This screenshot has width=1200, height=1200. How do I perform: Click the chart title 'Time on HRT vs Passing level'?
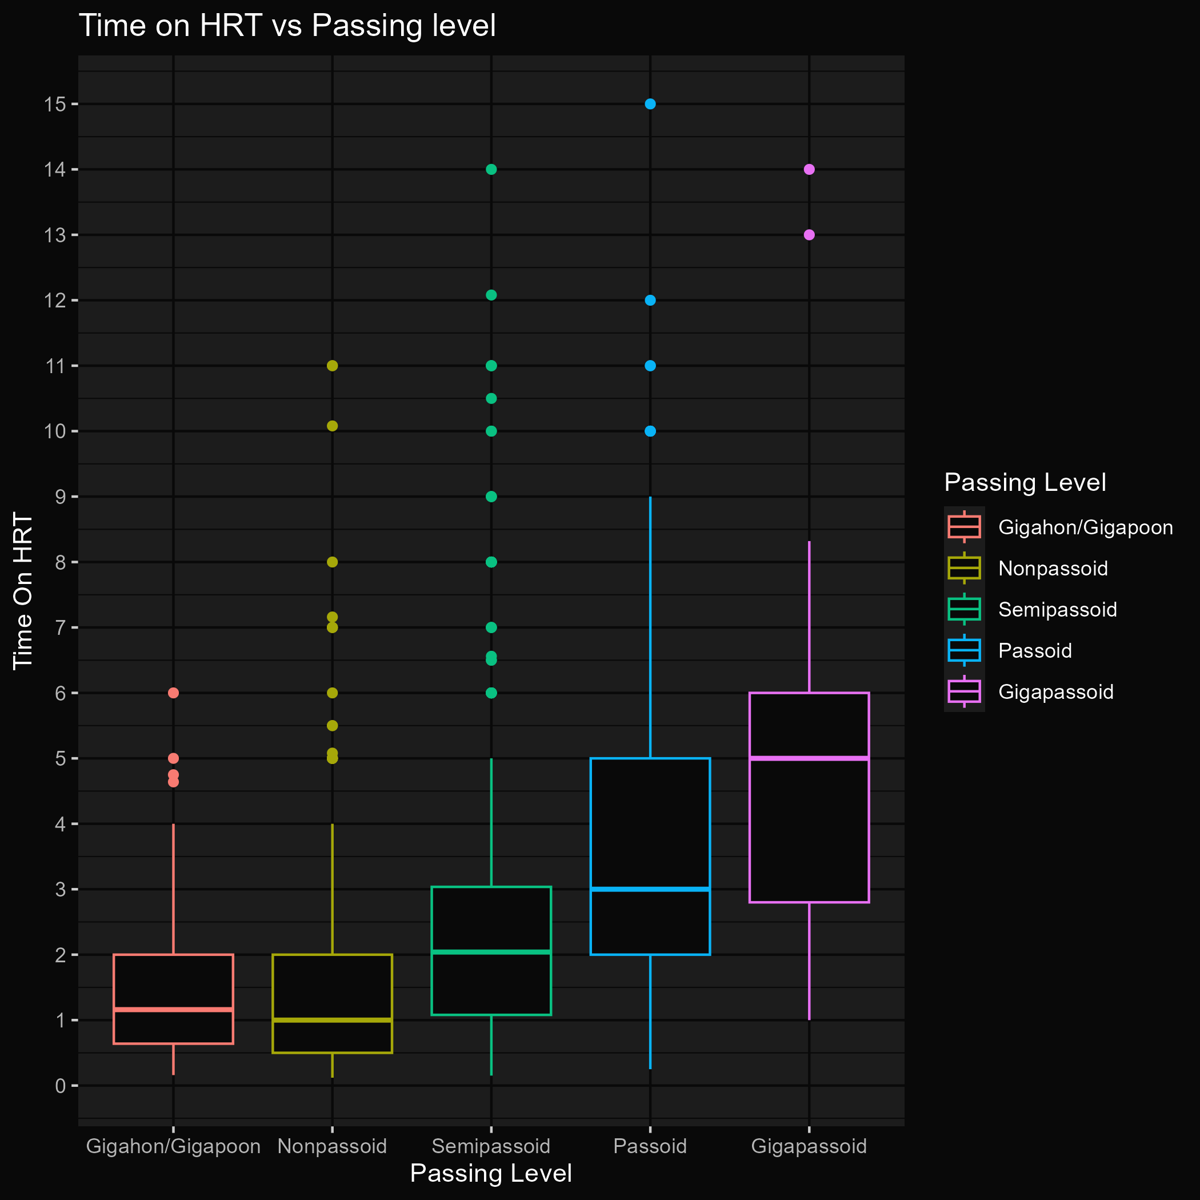click(x=287, y=26)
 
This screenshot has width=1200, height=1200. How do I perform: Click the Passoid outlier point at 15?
click(x=650, y=104)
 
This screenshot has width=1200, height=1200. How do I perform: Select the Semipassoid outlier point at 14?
click(x=491, y=170)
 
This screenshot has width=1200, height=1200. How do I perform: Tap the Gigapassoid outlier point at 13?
click(x=809, y=235)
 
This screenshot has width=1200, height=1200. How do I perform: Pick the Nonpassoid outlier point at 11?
click(x=333, y=366)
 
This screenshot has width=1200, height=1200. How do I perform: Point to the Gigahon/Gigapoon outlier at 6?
click(x=173, y=693)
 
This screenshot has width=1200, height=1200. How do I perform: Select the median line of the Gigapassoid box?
click(x=809, y=758)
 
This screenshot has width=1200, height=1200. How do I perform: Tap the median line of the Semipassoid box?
click(x=491, y=951)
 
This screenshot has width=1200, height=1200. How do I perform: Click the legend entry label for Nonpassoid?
click(x=1053, y=569)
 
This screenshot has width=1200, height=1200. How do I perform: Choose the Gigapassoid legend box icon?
click(x=964, y=692)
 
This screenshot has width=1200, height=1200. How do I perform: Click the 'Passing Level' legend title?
click(x=1025, y=483)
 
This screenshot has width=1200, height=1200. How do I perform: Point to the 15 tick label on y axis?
click(x=55, y=105)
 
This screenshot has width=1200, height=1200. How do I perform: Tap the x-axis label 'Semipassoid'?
click(x=491, y=1146)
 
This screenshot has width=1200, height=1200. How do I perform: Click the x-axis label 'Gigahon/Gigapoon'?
click(x=173, y=1146)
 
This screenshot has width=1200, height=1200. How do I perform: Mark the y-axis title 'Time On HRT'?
click(x=23, y=591)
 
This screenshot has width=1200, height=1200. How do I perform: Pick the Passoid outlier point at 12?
click(x=650, y=301)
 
